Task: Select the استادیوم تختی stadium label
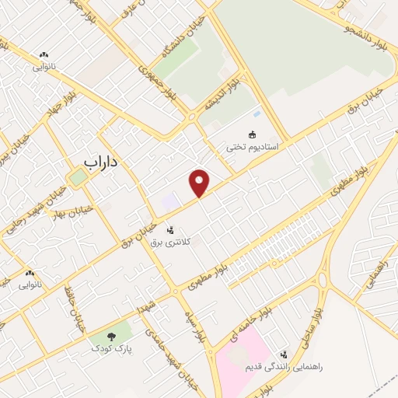tap(252, 145)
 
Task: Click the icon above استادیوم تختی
tap(251, 133)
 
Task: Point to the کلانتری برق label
tap(169, 243)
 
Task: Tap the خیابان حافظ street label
tap(79, 315)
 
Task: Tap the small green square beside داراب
tap(77, 177)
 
